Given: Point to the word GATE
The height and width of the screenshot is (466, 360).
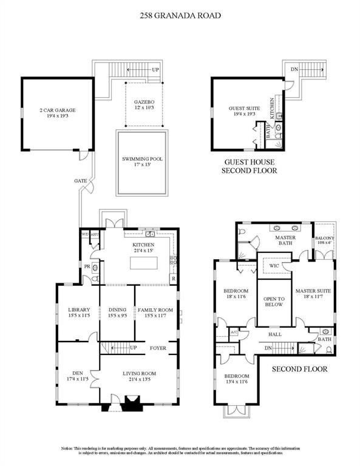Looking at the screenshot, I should [80, 181].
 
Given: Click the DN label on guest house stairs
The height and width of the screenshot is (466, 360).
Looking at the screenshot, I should [294, 70].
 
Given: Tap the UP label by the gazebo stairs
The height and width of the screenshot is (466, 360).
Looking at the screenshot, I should [155, 70].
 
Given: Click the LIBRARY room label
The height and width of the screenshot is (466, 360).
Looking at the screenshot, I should [78, 312].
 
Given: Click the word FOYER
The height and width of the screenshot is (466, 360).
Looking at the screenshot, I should [158, 348].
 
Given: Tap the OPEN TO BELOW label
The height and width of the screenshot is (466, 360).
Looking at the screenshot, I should [274, 300].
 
